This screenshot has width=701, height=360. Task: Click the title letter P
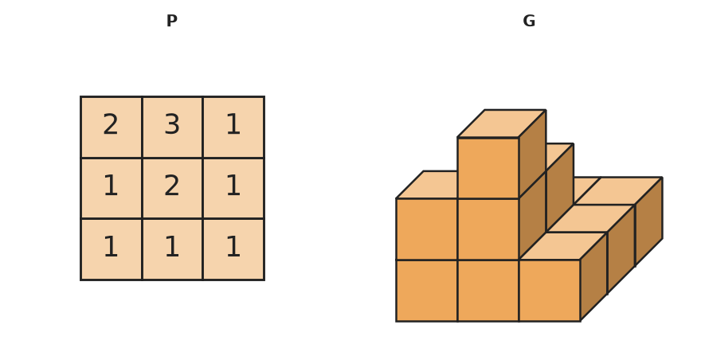tap(172, 21)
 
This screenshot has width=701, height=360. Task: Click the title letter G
tap(529, 21)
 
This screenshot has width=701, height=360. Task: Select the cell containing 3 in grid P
tap(172, 127)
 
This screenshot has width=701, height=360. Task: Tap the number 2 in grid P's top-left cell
tap(111, 124)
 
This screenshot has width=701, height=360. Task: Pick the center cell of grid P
tap(172, 188)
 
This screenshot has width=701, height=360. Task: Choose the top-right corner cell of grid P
tap(233, 127)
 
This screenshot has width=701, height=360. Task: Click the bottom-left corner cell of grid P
tap(112, 249)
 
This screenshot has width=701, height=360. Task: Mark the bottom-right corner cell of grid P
tap(233, 249)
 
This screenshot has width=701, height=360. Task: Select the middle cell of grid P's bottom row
tap(172, 249)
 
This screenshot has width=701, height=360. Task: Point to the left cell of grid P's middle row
tap(112, 188)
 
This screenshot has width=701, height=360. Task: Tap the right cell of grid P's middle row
tap(233, 188)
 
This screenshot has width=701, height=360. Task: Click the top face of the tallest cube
tap(502, 123)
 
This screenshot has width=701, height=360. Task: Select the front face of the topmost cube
tap(488, 168)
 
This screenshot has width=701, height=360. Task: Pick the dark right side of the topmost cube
tap(532, 154)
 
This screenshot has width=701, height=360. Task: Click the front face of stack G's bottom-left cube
tap(426, 290)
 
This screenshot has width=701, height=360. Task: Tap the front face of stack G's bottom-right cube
tap(550, 290)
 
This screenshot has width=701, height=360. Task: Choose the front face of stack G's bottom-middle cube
tap(488, 290)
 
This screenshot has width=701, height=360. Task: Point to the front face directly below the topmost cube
tap(488, 229)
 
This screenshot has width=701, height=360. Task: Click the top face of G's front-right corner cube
tap(563, 246)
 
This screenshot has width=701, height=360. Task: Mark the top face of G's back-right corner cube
tap(618, 191)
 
